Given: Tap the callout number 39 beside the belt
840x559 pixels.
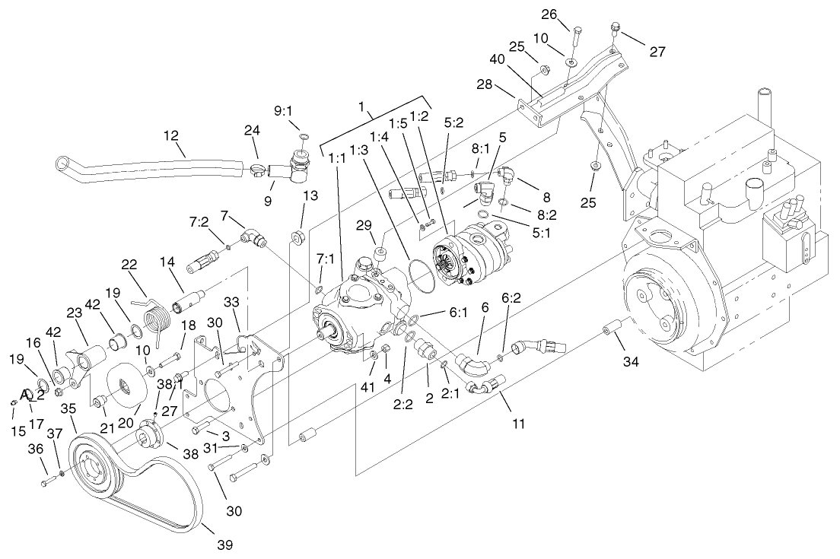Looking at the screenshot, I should [x=224, y=545].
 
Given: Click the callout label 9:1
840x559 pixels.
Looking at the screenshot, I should [x=284, y=110].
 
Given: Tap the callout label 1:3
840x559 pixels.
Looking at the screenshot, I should [x=359, y=151].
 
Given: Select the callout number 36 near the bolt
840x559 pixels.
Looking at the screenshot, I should [x=35, y=471].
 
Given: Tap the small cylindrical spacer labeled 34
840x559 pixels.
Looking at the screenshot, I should [x=613, y=332].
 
